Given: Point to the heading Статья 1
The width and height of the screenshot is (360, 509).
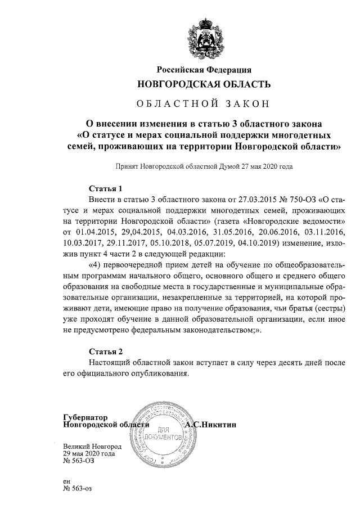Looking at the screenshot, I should tap(106, 188).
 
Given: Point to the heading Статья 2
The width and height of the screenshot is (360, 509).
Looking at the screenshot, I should tap(106, 352).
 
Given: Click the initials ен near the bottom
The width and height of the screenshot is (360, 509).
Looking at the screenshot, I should tap(67, 481).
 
